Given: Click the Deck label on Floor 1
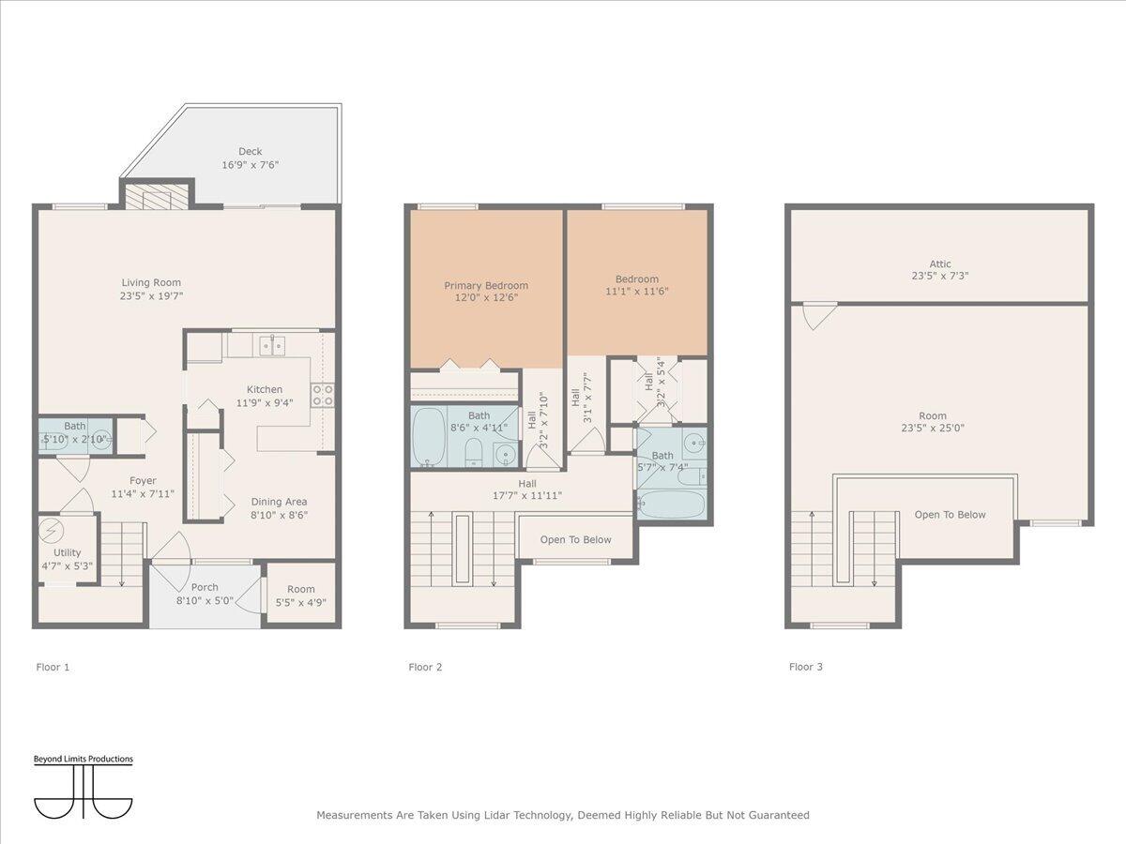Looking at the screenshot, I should (x=250, y=151).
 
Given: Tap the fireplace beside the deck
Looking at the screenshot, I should (x=156, y=198).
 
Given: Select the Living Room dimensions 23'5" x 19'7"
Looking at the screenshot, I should (x=151, y=295).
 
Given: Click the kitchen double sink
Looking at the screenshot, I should (x=273, y=346).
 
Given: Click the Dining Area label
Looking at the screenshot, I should (x=279, y=502).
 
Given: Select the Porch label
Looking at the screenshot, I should (x=205, y=588).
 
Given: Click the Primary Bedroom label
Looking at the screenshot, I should (x=486, y=286).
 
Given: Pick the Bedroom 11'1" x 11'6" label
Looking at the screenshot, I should (x=637, y=279).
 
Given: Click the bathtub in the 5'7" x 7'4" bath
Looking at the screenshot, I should (x=670, y=503).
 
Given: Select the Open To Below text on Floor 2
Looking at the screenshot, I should (x=575, y=539).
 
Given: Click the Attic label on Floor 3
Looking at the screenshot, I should (x=939, y=264).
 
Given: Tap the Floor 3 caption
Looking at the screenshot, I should (x=805, y=667).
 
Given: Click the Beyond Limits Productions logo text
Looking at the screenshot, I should (x=84, y=759).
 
